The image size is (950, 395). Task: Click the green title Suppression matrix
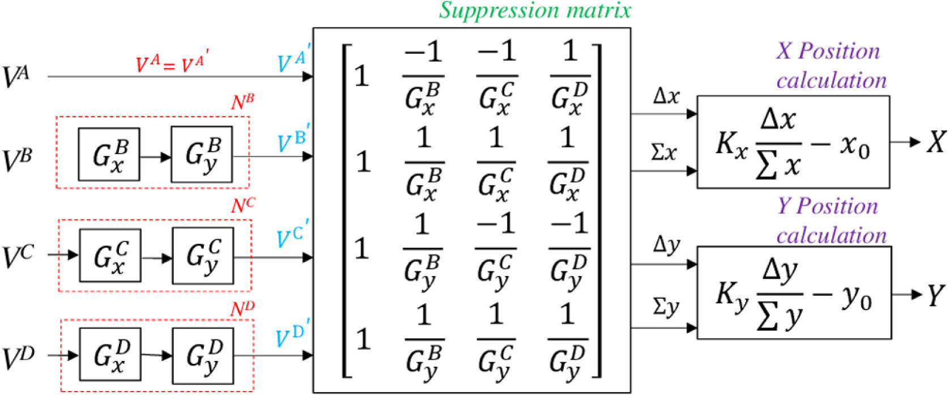click(x=535, y=11)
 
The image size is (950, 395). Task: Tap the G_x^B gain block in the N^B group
click(x=109, y=155)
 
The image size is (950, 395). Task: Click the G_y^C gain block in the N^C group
click(x=203, y=256)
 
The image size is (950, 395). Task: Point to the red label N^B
click(x=242, y=103)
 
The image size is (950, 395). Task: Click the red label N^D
click(x=242, y=309)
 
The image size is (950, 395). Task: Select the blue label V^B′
click(x=292, y=142)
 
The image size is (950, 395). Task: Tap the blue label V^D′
click(x=292, y=336)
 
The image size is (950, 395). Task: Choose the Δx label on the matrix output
click(x=666, y=97)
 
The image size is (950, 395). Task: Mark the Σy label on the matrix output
click(x=666, y=307)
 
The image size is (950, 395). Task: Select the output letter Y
click(x=936, y=295)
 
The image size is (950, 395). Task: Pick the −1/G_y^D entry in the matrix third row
click(x=569, y=249)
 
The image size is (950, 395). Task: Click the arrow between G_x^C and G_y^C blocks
click(x=156, y=258)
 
